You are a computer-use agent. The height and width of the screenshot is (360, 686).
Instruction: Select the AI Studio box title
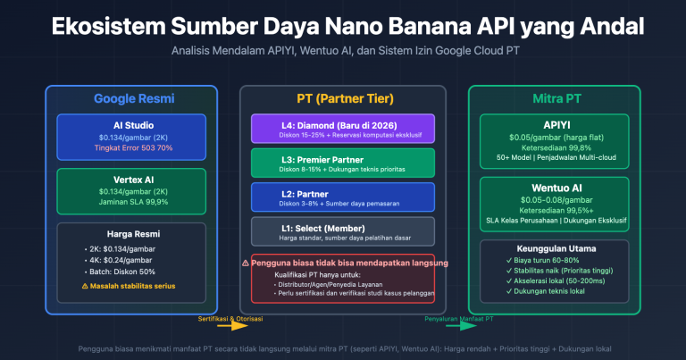pyautogui.click(x=130, y=126)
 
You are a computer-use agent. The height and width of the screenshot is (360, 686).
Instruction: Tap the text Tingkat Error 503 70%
pyautogui.click(x=130, y=148)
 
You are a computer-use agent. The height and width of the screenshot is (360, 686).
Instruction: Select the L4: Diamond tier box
pyautogui.click(x=342, y=129)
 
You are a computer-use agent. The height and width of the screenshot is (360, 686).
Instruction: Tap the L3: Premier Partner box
pyautogui.click(x=342, y=163)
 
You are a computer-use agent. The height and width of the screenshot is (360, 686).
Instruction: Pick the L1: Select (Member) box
pyautogui.click(x=342, y=230)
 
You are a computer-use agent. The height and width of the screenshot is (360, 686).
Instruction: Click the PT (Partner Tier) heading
pyautogui.click(x=342, y=99)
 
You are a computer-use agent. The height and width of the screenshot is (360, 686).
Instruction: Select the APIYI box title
pyautogui.click(x=555, y=126)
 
